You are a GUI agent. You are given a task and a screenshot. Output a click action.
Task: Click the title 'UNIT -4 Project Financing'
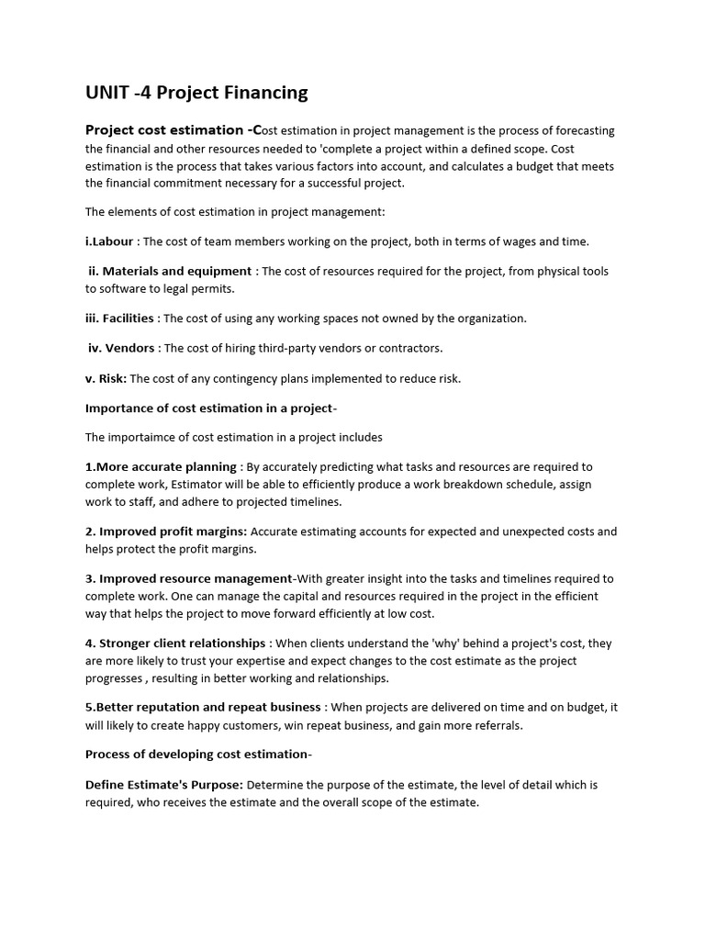coord(196,93)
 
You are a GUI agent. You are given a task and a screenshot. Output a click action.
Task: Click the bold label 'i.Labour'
coord(109,241)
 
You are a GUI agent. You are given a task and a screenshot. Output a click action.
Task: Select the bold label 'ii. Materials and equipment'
coord(170,271)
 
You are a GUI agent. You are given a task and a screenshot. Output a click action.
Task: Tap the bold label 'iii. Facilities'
coord(121,319)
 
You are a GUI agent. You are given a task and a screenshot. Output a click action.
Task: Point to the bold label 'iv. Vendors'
coord(122,348)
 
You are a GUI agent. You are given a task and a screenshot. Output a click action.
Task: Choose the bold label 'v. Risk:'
coord(106,378)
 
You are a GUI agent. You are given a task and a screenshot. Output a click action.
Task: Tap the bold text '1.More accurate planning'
coord(161,467)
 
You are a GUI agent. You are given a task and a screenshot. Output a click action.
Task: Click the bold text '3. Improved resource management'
coord(188,578)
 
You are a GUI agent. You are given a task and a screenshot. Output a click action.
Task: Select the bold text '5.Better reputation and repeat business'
coord(203,708)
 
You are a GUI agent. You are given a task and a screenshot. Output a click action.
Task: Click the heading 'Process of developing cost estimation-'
coord(198,755)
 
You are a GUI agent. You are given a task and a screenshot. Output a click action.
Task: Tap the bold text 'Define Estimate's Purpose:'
coord(164,785)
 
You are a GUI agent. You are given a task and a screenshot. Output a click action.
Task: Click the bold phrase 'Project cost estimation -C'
coord(173,130)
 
